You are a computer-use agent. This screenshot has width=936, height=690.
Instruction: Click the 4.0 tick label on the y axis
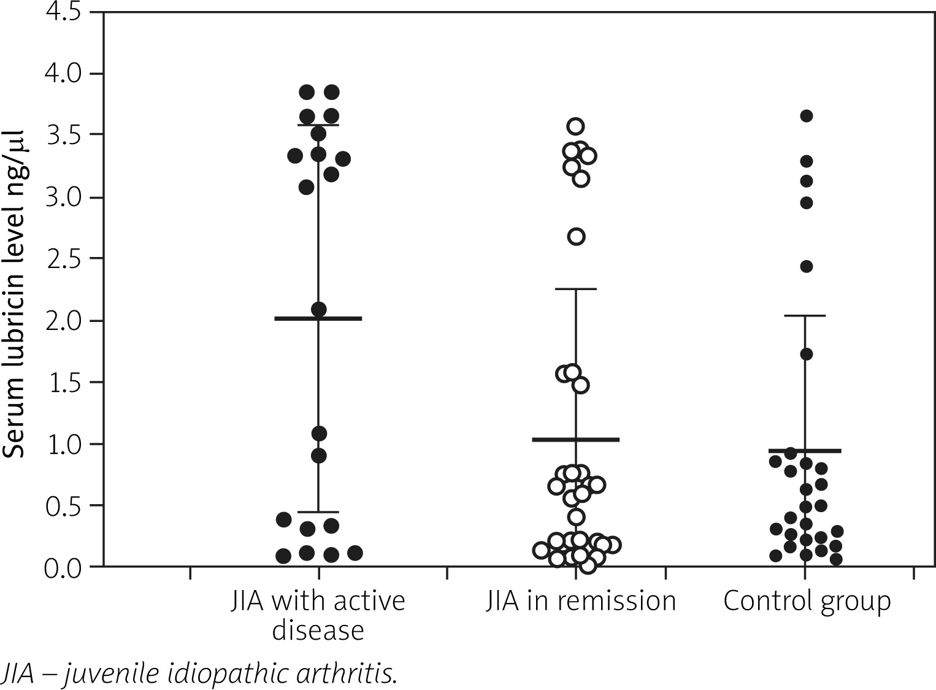tap(63, 74)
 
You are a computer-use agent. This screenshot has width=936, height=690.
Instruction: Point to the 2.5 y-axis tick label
tap(63, 258)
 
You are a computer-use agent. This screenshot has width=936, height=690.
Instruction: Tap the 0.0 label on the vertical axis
tap(63, 567)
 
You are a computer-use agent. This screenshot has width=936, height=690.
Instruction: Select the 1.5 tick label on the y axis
tap(63, 382)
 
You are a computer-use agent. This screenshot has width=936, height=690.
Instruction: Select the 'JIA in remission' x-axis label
tap(580, 600)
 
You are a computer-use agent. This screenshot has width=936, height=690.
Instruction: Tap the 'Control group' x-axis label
tap(807, 600)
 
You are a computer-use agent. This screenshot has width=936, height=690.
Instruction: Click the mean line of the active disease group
tap(318, 318)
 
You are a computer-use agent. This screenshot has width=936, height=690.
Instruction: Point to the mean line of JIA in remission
tap(576, 439)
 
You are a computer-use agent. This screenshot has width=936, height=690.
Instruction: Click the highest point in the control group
tap(807, 116)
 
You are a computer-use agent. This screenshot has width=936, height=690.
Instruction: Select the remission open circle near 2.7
tap(576, 237)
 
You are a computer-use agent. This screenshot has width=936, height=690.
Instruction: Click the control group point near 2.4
tap(807, 266)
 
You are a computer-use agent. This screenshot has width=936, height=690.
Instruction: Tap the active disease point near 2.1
tap(318, 309)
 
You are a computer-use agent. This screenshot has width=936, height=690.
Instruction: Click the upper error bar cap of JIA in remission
tap(576, 289)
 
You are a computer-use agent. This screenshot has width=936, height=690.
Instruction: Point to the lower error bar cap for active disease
tap(318, 512)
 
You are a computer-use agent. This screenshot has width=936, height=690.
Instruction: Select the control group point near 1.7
tap(807, 354)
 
